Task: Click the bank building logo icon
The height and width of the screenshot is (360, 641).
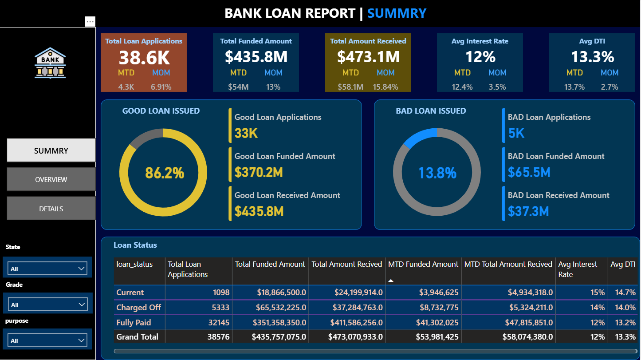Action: point(50,63)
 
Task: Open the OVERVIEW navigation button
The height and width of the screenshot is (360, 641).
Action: point(51,180)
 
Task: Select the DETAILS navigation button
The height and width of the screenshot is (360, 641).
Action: point(51,209)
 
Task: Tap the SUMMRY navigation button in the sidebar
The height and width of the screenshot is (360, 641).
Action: point(51,150)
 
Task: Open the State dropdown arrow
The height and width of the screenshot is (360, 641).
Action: point(81,269)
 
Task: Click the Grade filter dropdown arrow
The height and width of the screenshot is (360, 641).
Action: point(82,305)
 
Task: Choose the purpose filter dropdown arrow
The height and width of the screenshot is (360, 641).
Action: point(82,340)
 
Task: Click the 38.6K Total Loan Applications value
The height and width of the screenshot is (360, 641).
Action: point(144,58)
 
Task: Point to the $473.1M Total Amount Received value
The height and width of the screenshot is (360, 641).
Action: point(368,57)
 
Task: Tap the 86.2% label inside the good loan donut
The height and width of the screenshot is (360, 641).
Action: point(165,173)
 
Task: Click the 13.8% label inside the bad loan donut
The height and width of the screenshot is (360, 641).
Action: point(437,173)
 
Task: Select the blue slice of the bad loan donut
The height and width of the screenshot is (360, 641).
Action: point(419,137)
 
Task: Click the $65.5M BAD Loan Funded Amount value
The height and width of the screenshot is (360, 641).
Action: point(529,172)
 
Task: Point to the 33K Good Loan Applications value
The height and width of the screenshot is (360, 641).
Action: point(246,133)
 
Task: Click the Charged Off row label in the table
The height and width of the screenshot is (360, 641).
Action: point(138,308)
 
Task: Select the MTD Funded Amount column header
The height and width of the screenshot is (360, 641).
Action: point(423,264)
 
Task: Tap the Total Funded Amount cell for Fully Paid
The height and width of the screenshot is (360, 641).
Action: point(279,323)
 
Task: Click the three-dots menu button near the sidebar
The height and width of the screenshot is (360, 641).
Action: point(90,21)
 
